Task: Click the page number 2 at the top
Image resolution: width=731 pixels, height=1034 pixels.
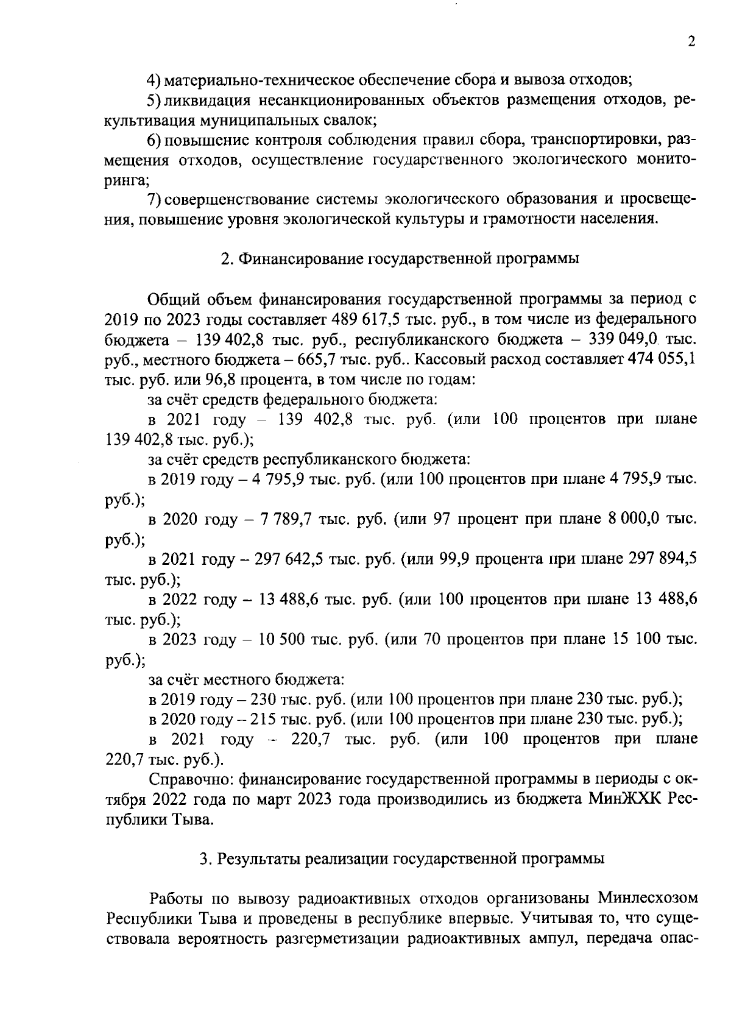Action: [691, 41]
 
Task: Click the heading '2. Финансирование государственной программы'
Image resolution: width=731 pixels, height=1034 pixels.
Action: [400, 258]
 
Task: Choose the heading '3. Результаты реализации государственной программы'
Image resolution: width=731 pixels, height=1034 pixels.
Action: [402, 859]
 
